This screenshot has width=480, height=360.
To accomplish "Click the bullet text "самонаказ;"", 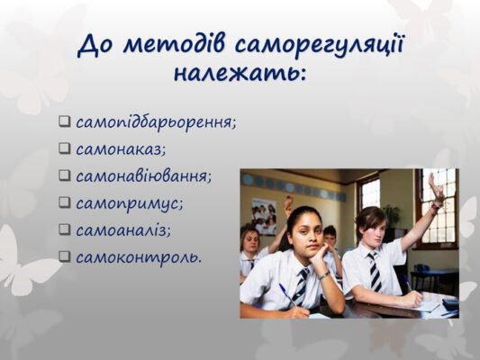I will coord(121,148).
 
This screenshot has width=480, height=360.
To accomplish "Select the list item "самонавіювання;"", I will coord(143,175).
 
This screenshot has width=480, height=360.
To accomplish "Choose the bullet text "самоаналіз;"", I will coord(123,229).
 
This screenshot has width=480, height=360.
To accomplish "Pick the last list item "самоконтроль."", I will coord(139,256).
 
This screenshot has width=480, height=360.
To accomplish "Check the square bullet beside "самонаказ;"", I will coord(65,148).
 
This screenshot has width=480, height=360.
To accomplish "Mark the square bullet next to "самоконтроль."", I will coord(65,256).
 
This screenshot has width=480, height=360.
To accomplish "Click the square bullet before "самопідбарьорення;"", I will coord(65,121).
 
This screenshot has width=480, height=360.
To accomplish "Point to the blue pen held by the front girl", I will coord(287,296).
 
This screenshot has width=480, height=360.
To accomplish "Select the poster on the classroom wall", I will coord(264,215).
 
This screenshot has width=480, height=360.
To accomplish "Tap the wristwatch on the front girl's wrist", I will coord(323,275).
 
